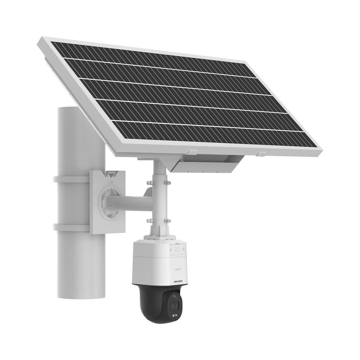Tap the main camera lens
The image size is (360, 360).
[x=176, y=306]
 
